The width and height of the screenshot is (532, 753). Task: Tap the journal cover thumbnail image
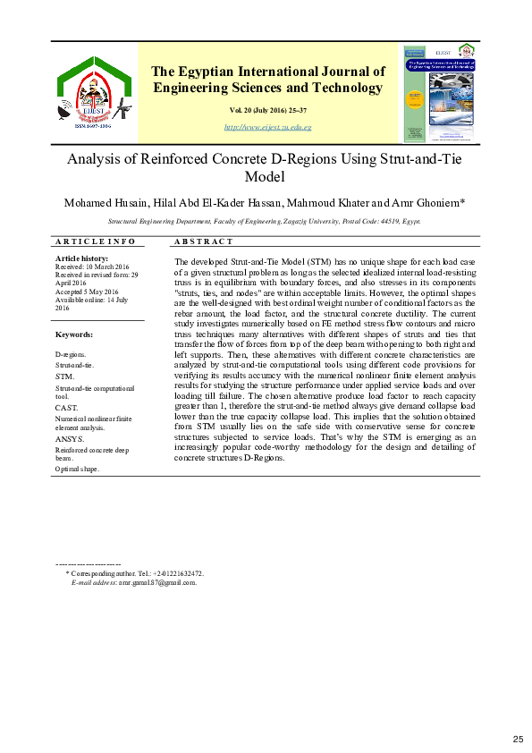[437, 93]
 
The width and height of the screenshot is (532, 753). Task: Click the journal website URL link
[267, 128]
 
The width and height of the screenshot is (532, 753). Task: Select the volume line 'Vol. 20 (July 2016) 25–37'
[267, 110]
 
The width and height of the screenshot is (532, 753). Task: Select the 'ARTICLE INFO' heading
[96, 241]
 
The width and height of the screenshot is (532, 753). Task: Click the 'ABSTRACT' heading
[204, 241]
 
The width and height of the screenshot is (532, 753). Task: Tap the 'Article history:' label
[81, 258]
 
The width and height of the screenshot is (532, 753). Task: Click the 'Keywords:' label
[74, 334]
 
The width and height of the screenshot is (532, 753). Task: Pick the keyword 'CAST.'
[67, 407]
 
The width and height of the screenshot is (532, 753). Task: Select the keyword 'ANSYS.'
[70, 439]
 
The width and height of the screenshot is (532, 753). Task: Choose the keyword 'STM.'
[65, 377]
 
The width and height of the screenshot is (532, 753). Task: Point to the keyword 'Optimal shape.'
[78, 469]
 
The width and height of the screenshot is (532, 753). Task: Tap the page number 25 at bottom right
[517, 738]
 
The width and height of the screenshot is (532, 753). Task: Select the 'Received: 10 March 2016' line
[92, 267]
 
